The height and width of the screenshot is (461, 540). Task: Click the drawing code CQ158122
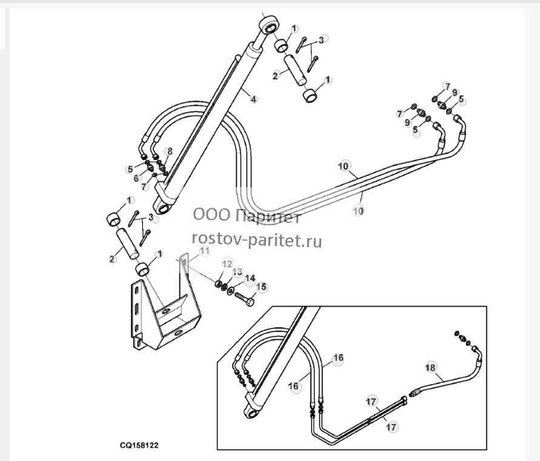coord(139,445)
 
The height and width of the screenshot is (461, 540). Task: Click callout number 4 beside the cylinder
coord(253,99)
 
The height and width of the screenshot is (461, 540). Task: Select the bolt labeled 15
coord(244,298)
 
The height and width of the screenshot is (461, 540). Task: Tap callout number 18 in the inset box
coord(430,368)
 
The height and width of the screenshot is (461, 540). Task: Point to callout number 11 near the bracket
coord(205,251)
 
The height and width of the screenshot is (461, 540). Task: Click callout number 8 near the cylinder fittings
coord(170,151)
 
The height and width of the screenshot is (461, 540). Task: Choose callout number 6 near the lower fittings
coord(136,178)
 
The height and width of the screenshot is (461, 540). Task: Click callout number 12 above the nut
coord(227,264)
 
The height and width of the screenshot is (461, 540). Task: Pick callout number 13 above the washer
coord(238,272)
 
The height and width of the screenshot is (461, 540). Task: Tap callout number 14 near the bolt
coord(250,278)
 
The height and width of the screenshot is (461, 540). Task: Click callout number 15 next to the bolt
coord(262,287)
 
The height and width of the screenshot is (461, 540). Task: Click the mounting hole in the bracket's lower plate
coord(178,333)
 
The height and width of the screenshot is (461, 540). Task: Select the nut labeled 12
coord(218,284)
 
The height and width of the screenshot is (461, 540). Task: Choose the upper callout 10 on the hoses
coord(344,167)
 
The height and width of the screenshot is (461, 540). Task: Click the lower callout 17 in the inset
coord(392,427)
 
